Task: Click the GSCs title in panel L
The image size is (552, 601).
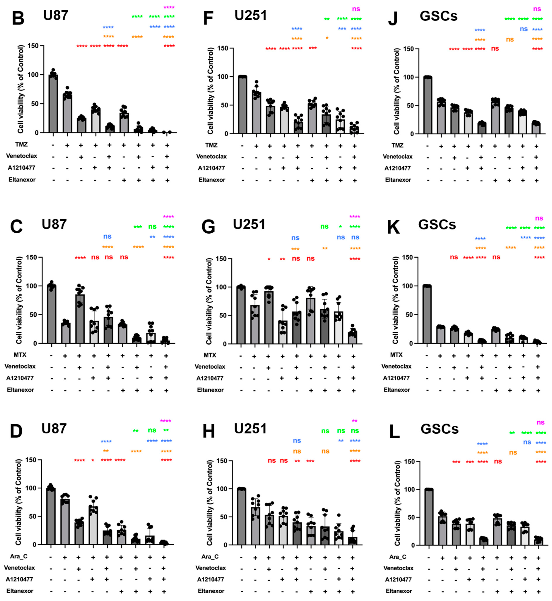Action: pyautogui.click(x=439, y=429)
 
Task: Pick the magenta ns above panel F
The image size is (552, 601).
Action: pyautogui.click(x=356, y=9)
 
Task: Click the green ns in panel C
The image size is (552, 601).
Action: pyautogui.click(x=152, y=226)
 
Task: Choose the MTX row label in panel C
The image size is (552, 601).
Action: pyautogui.click(x=20, y=355)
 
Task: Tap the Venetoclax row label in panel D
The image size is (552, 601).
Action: pyautogui.click(x=19, y=568)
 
